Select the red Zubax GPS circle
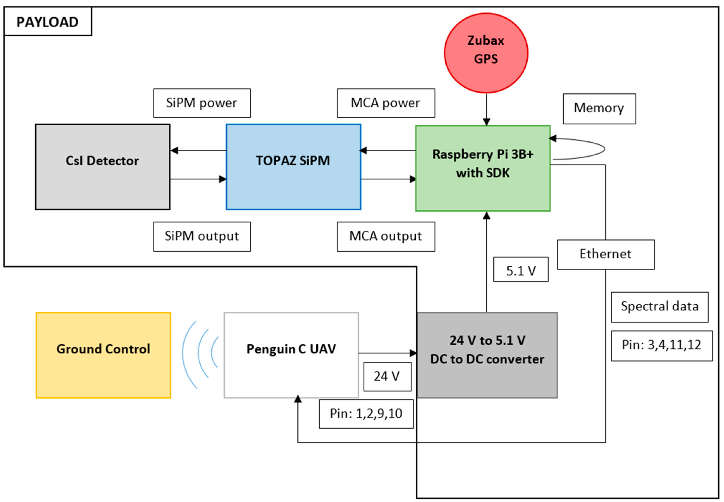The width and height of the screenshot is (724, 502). coord(486,53)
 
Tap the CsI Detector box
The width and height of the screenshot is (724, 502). coord(103,167)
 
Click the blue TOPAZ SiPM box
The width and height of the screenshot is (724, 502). coord(293,167)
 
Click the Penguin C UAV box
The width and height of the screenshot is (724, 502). coord(291,355)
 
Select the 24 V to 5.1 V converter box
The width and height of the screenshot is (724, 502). coord(487,355)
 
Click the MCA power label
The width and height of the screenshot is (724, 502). coord(386,103)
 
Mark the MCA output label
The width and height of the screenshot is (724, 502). coord(386,236)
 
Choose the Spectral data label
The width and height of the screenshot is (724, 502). coord(659,307)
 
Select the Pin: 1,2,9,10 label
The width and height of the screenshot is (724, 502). coord(366,413)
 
